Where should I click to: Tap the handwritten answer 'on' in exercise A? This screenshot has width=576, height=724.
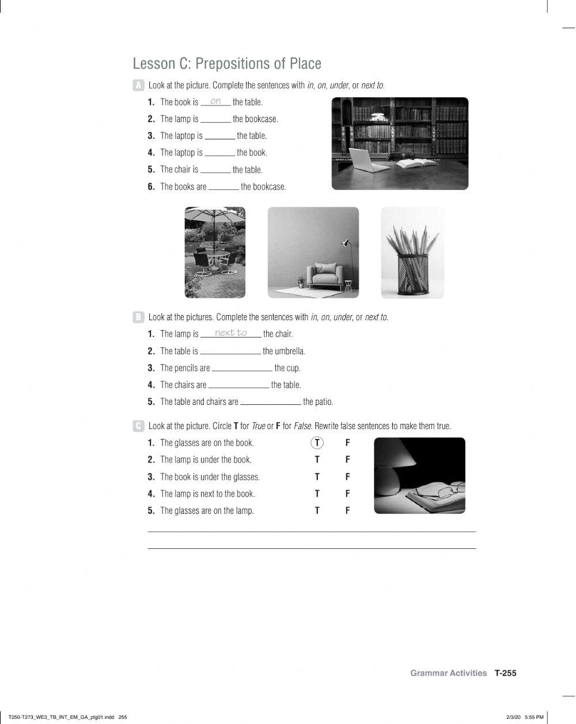click(215, 101)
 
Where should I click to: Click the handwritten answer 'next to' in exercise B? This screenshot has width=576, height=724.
click(230, 333)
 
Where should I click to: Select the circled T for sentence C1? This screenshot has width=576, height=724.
click(317, 443)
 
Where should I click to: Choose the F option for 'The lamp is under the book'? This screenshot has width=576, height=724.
click(347, 460)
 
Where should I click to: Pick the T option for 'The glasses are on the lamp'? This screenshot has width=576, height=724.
click(317, 510)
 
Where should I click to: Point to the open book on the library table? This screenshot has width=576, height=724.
click(416, 164)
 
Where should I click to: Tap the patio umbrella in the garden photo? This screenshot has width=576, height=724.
click(214, 217)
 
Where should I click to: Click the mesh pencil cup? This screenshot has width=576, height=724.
click(412, 275)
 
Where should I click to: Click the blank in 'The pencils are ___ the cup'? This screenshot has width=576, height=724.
click(242, 369)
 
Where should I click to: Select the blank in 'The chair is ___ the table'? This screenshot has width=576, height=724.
click(215, 170)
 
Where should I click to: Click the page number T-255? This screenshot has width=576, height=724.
click(505, 673)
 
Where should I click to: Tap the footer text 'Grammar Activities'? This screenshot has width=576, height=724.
click(448, 673)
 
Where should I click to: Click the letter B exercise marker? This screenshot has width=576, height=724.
click(138, 317)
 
